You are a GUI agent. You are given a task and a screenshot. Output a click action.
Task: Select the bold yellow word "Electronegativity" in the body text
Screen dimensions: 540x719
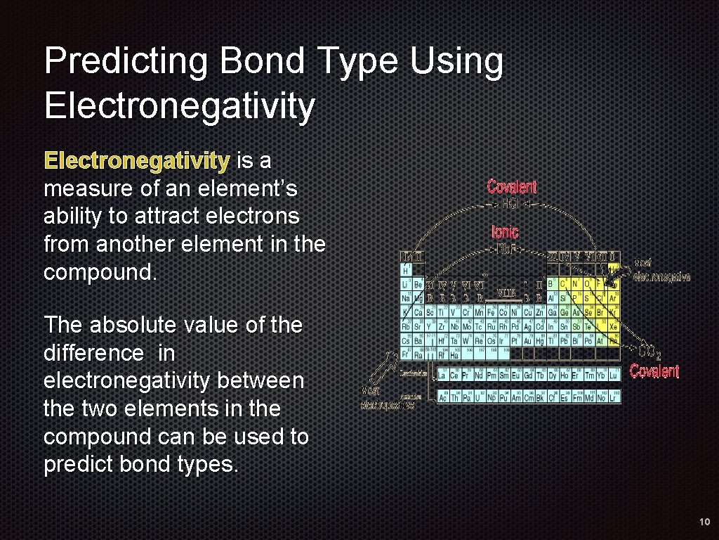[136, 162]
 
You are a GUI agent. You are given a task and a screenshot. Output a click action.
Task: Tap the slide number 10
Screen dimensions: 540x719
[704, 522]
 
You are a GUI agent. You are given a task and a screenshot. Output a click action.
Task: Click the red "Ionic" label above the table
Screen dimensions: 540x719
[505, 231]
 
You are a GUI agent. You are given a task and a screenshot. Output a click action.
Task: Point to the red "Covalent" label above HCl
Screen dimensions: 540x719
[512, 187]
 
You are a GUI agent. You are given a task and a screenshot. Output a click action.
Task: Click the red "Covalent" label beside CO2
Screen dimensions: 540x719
[654, 371]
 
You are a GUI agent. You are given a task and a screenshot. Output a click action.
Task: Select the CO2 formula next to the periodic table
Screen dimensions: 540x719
[650, 352]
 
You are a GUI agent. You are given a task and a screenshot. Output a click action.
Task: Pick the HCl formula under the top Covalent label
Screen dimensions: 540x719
[512, 203]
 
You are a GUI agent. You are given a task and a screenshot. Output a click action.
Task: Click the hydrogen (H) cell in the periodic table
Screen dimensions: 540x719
[405, 270]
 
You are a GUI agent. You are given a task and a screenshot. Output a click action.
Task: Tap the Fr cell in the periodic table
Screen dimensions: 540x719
[405, 354]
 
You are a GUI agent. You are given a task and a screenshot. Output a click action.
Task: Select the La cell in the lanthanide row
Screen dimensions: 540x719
[442, 375]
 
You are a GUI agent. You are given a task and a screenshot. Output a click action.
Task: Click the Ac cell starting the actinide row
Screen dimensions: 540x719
[442, 397]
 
